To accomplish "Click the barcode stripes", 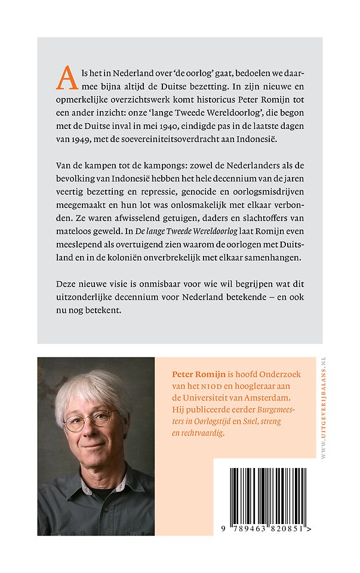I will point(263,492).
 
